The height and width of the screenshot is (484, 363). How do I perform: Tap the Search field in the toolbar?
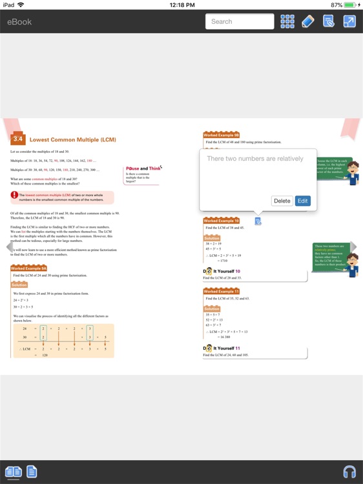click(240, 21)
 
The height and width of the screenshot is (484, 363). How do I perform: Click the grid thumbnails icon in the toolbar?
click(287, 21)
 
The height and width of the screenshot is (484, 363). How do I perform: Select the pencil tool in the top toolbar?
click(308, 21)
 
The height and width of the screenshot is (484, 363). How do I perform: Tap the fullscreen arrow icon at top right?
click(349, 21)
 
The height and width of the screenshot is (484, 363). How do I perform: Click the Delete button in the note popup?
click(282, 201)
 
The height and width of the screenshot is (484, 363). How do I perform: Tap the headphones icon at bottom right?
click(349, 471)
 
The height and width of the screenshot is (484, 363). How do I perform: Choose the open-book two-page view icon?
click(13, 472)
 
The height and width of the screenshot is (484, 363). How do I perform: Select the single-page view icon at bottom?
click(32, 472)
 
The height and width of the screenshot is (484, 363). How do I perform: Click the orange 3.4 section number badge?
click(18, 139)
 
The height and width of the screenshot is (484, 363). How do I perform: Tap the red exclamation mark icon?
click(14, 195)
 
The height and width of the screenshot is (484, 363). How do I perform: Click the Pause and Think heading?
click(143, 168)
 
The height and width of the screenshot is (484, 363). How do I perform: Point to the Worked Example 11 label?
click(221, 291)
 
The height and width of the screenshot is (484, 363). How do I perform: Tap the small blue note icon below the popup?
click(258, 221)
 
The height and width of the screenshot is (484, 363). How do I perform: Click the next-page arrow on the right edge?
click(353, 247)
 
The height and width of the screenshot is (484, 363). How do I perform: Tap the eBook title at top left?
click(19, 21)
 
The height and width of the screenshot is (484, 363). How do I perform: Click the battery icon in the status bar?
click(349, 5)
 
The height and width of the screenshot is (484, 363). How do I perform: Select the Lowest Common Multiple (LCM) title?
click(73, 139)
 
